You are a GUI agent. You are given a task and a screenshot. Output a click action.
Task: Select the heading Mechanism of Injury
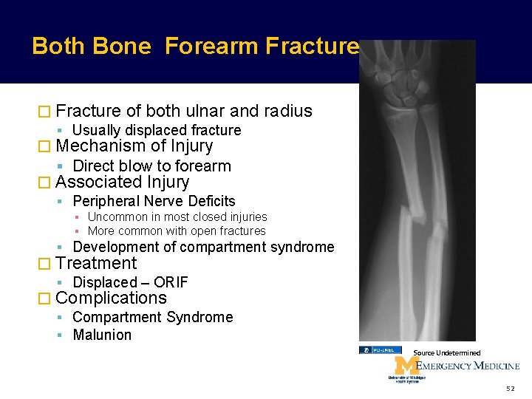pos(134,146)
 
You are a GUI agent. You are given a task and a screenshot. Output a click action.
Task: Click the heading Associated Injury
pos(122,182)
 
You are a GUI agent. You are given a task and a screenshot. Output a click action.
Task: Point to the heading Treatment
pos(96,263)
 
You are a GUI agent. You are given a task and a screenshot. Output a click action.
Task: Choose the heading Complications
pos(111,298)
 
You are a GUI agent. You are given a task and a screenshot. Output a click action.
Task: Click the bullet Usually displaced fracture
pos(157,130)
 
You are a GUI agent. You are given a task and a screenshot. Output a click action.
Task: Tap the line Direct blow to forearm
pos(151,166)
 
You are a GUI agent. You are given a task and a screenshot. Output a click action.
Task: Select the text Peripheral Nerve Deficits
pos(154,201)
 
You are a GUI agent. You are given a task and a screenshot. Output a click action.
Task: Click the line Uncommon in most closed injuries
pos(177,216)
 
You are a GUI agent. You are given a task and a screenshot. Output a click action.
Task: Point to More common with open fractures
pos(176,231)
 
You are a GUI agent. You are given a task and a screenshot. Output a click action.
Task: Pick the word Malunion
pos(102,335)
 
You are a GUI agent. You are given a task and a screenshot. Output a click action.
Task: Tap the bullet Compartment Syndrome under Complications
pos(152,317)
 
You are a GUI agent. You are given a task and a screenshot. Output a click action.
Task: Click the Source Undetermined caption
pos(446,353)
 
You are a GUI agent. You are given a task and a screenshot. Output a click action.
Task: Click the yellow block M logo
pos(403,366)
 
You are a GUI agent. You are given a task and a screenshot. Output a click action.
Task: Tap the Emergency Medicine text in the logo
pos(467,366)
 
